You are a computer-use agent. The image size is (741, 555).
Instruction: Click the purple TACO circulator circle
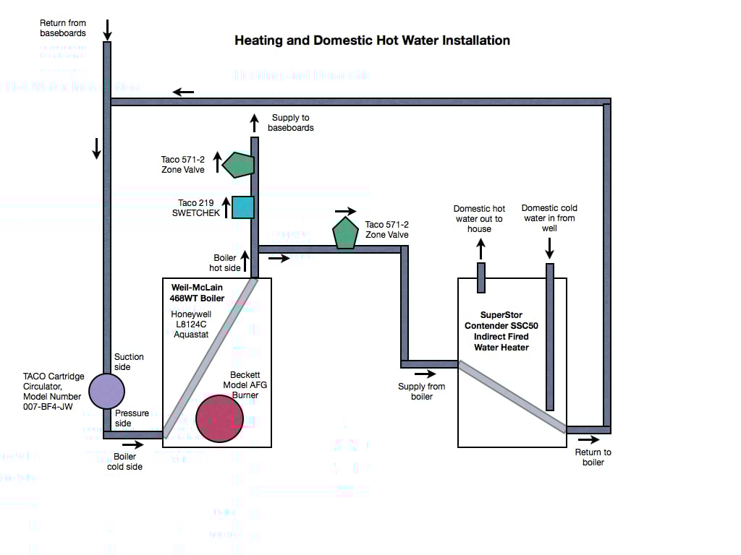(x=106, y=391)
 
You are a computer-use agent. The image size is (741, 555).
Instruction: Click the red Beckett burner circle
(x=219, y=418)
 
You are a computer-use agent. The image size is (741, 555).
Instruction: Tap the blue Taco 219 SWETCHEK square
(x=242, y=207)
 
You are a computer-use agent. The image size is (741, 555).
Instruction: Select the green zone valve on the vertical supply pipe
(x=239, y=165)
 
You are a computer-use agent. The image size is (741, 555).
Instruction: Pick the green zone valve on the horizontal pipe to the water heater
(x=345, y=233)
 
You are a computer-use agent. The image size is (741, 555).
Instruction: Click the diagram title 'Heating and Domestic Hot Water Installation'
(x=372, y=40)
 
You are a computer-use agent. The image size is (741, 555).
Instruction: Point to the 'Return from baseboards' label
(x=63, y=28)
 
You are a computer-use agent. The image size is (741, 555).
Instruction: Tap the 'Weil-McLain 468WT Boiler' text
(x=198, y=293)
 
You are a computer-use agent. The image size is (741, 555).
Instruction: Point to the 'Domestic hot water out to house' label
(x=479, y=219)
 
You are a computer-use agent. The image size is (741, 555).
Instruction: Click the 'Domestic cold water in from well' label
(x=549, y=218)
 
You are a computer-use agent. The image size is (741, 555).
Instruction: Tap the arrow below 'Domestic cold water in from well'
(x=549, y=249)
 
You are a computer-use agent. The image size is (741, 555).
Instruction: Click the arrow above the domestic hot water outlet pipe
(x=480, y=249)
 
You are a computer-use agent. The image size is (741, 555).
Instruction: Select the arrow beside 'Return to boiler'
(x=588, y=439)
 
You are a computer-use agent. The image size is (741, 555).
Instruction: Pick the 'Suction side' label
(x=129, y=362)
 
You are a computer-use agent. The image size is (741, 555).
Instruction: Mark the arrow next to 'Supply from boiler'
(x=426, y=374)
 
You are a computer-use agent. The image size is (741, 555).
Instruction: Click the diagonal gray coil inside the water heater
(x=512, y=397)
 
